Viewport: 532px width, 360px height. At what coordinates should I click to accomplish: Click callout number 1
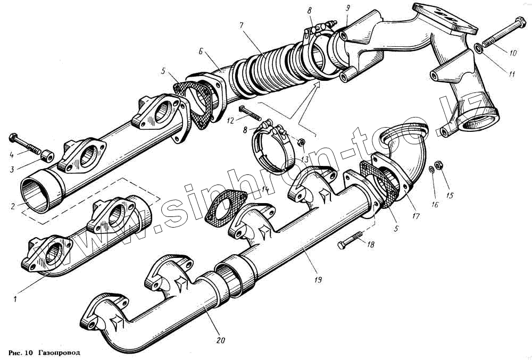click(x=15, y=298)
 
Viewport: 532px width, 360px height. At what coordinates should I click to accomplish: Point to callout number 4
click(x=11, y=154)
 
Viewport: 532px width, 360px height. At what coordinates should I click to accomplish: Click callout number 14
click(x=265, y=189)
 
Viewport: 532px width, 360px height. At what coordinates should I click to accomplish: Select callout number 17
click(x=415, y=216)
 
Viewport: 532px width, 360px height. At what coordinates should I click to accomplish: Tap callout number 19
click(x=318, y=278)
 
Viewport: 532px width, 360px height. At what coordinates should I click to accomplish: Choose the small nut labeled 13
click(x=302, y=142)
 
